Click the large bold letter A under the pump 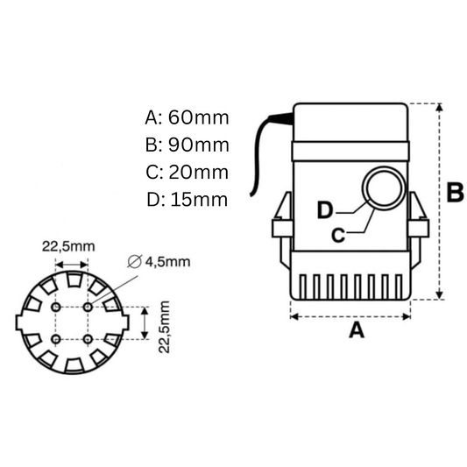pos(355,330)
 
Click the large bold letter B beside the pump pos(454,194)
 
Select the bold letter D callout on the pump pos(325,210)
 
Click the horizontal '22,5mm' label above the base pos(67,246)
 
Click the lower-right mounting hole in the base pos(88,339)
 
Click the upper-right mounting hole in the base pos(88,308)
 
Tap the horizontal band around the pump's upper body pos(350,145)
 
